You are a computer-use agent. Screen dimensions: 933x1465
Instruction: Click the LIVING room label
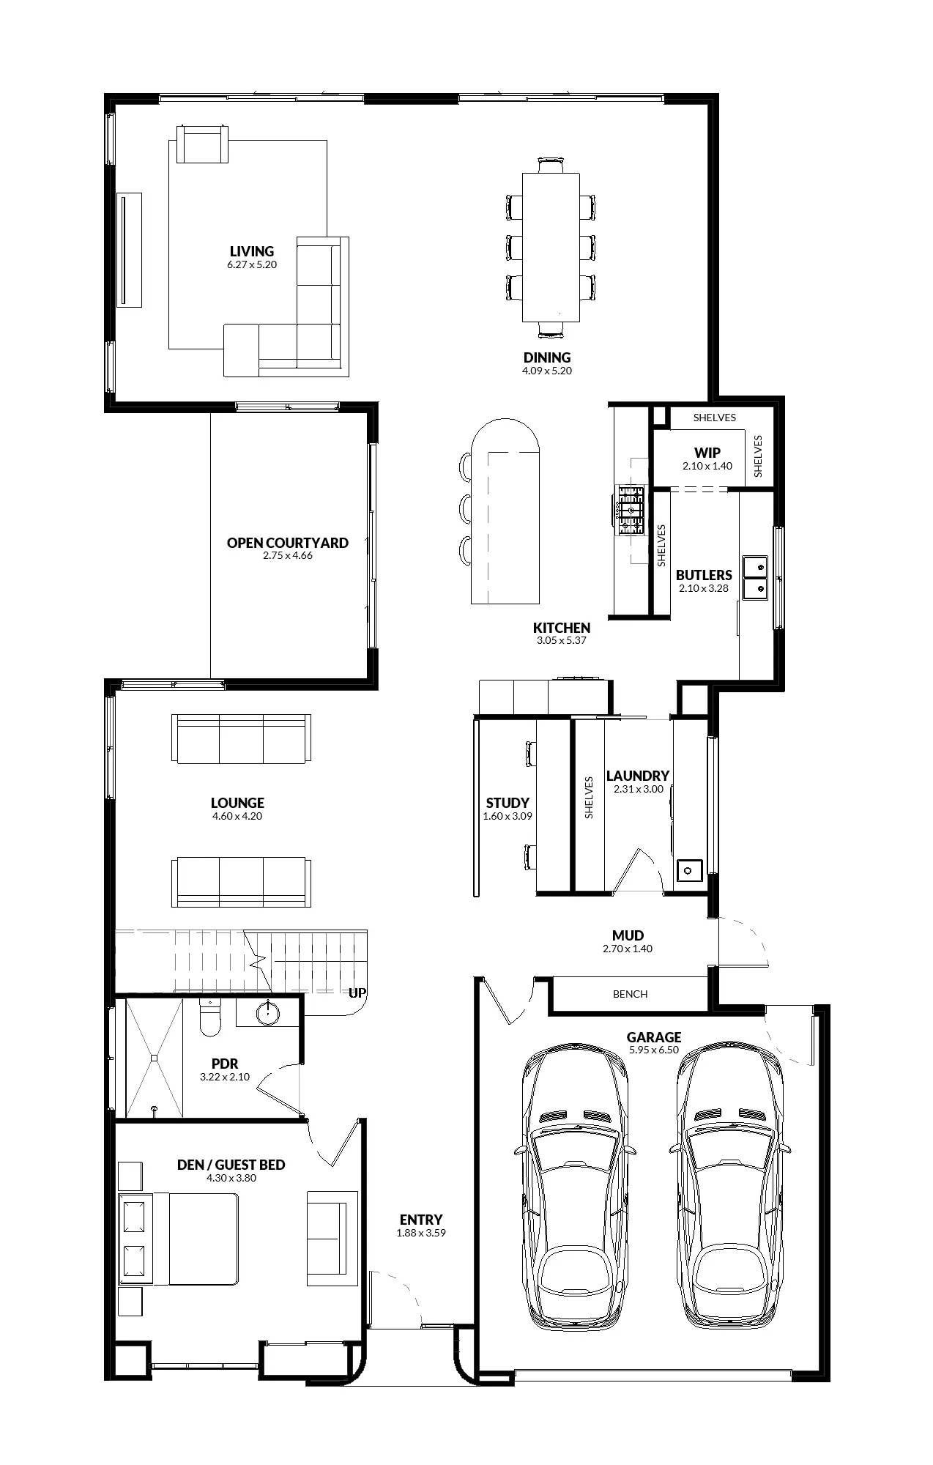(x=252, y=252)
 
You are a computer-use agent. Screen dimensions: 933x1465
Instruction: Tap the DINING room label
(x=547, y=357)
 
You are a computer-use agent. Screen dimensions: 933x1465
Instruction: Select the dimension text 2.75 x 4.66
(x=288, y=555)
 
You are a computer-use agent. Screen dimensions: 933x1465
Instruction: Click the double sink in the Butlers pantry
(x=755, y=577)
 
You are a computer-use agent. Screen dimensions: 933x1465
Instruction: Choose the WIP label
(x=707, y=453)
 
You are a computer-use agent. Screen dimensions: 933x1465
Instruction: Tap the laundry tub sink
(x=689, y=870)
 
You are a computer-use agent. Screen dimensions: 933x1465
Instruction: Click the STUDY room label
(x=508, y=803)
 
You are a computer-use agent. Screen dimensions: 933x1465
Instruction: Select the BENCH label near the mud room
(x=631, y=994)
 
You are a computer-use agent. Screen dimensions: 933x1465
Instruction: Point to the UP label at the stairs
(x=357, y=993)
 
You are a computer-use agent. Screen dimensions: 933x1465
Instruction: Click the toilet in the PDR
(x=210, y=1018)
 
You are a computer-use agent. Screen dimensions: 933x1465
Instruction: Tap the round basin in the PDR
(x=269, y=1013)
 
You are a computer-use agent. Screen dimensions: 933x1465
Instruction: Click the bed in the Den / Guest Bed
(x=179, y=1239)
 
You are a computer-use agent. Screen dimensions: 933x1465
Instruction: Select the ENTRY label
(x=421, y=1220)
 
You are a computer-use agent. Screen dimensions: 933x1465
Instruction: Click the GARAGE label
(x=654, y=1037)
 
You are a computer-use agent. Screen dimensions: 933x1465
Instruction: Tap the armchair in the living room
(x=203, y=144)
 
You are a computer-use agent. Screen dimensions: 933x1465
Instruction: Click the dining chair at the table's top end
(x=551, y=165)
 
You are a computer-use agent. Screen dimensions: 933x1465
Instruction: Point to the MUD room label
(x=628, y=935)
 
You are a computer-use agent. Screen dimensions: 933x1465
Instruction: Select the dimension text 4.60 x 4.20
(x=237, y=816)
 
